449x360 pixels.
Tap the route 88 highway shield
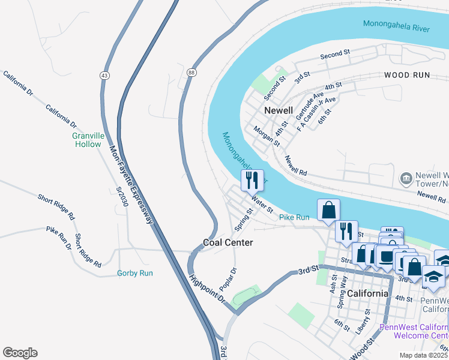(191, 72)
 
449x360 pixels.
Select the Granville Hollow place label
(88, 140)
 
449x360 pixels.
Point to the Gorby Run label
(134, 273)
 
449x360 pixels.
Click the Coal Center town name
(228, 242)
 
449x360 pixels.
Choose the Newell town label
(279, 110)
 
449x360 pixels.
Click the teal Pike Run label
(294, 217)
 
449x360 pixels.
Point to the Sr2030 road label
(122, 196)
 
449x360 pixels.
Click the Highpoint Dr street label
(207, 289)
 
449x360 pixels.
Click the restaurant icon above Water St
(252, 179)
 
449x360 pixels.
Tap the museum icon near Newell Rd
(406, 178)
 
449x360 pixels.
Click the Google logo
(20, 353)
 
